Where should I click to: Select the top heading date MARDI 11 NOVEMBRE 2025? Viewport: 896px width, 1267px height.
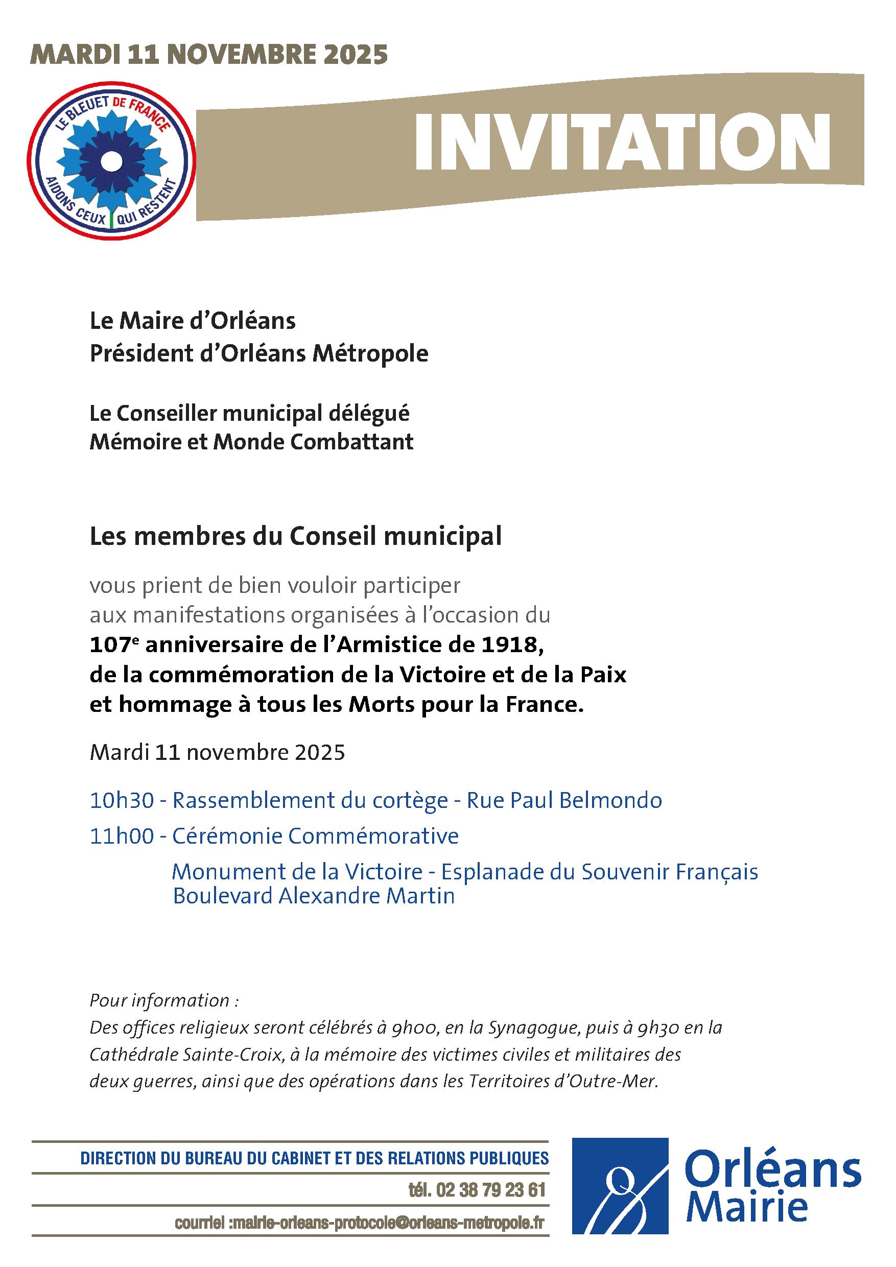point(209,55)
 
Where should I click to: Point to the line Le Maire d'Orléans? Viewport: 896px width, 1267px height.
point(193,321)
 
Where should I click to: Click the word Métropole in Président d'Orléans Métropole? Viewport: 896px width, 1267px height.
point(370,354)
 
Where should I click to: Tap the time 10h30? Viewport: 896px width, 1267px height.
point(122,800)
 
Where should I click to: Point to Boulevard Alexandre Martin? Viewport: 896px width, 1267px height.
point(314,896)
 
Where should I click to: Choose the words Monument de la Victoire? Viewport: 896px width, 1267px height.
point(297,872)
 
